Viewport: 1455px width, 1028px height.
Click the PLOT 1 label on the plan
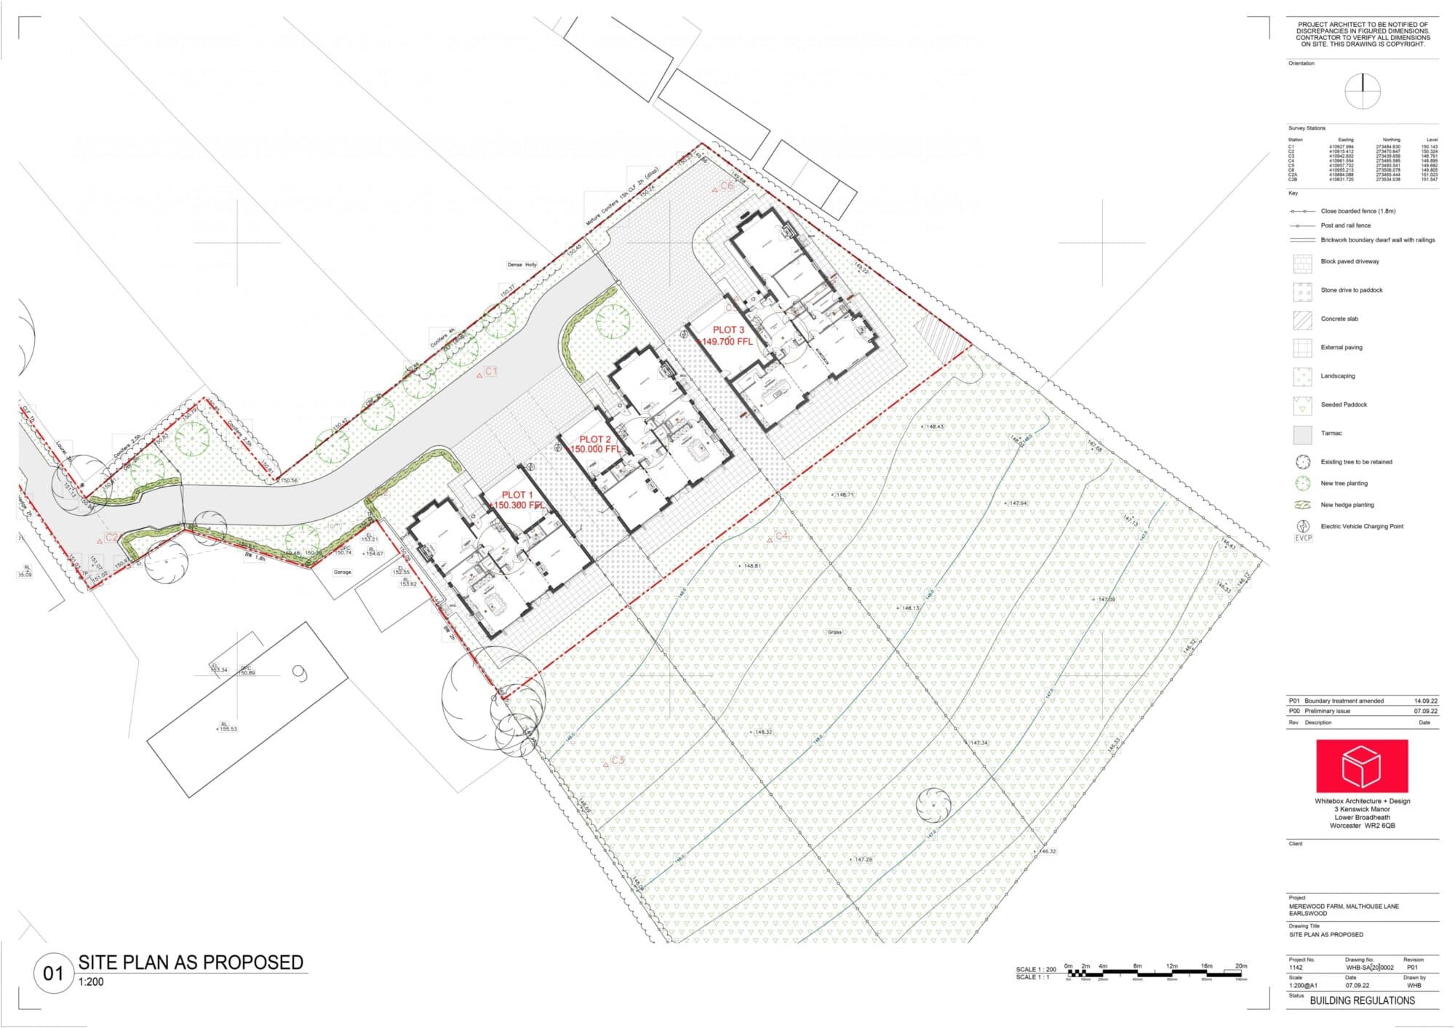tap(517, 495)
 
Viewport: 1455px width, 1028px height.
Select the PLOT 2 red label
tap(594, 439)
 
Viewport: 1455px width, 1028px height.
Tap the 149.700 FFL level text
tap(725, 341)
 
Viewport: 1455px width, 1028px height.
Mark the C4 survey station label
tap(778, 536)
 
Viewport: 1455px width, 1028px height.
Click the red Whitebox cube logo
tap(1361, 765)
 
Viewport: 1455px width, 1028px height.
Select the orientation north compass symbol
tap(1362, 92)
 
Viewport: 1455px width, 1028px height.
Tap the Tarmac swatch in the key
tap(1302, 434)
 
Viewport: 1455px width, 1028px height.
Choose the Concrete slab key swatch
tap(1302, 319)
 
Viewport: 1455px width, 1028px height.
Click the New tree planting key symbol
tap(1302, 483)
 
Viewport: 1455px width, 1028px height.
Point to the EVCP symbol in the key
tap(1302, 530)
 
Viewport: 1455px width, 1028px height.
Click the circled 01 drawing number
tap(53, 973)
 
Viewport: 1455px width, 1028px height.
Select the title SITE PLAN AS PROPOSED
tap(191, 963)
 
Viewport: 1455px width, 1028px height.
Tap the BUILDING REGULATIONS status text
tap(1362, 1000)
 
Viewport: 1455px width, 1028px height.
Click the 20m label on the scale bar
tap(1240, 966)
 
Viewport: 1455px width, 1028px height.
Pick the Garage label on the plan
tap(342, 572)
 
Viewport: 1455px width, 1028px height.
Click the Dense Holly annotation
tap(522, 265)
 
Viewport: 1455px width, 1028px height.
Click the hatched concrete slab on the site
tap(941, 339)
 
